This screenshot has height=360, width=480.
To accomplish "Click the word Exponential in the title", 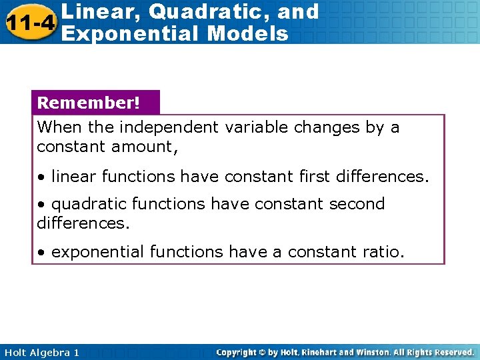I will [127, 33].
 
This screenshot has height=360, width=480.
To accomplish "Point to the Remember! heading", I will [89, 103].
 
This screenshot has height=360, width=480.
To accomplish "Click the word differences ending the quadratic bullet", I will [82, 223].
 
